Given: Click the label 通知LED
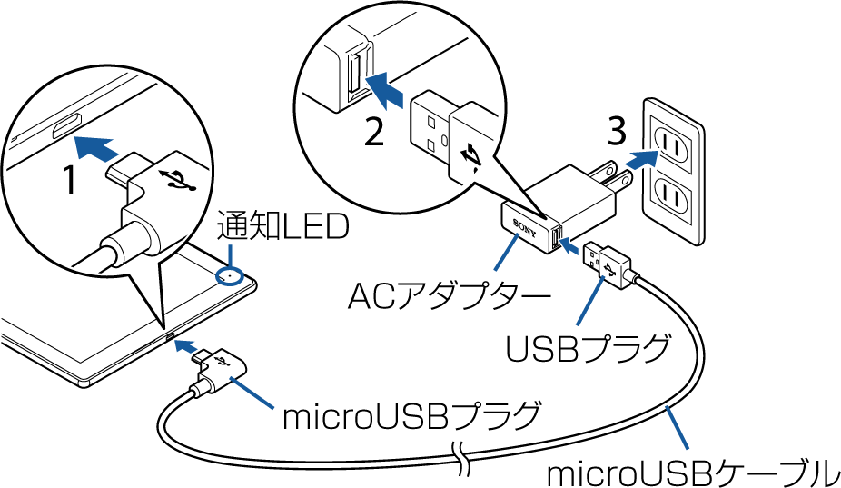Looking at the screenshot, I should (282, 228).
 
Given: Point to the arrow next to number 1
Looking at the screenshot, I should (95, 145).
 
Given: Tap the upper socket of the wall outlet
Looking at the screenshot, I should (673, 140).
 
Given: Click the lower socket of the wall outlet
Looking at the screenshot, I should (673, 194).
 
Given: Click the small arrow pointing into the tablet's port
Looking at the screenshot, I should (185, 345).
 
